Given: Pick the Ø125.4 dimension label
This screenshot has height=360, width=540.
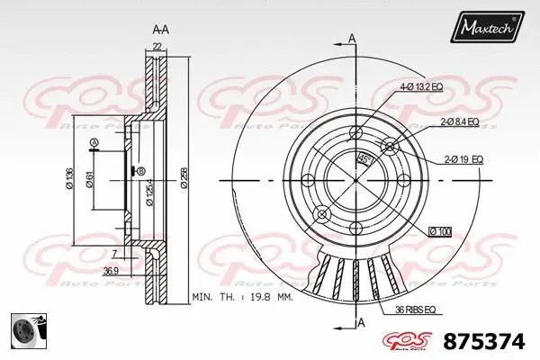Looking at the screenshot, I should [148, 187].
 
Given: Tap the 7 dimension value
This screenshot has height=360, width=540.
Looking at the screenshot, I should [115, 255].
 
